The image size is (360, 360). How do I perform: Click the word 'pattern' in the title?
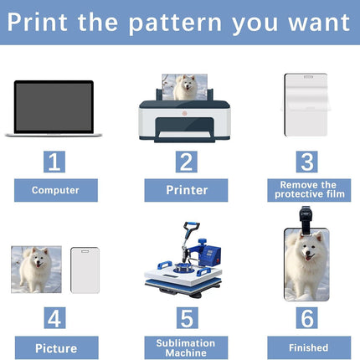coord(175,23)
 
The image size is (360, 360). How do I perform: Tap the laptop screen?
coord(54,106)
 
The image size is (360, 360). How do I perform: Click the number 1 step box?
coord(54,162)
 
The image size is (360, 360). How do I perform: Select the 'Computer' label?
coord(56,190)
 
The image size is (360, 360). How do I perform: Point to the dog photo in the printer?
coord(185,87)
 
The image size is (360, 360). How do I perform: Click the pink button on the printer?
coord(184,113)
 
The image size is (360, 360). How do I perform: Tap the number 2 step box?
coord(186,162)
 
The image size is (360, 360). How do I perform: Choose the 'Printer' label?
coord(186,190)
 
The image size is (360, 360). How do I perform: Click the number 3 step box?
coord(306,162)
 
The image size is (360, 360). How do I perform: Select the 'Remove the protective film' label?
coord(309,190)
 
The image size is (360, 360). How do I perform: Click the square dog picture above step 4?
coord(36,270)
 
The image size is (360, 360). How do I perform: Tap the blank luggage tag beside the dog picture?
coord(85,270)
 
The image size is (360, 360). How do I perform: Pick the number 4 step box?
coord(54,318)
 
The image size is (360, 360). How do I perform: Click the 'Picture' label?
coord(56,348)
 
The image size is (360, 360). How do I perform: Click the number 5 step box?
coord(188,318)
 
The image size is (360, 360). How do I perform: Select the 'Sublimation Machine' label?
coord(186,348)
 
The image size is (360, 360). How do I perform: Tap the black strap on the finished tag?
coord(306,220)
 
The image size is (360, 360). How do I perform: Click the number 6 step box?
coord(306,318)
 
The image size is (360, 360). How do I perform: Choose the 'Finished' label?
coord(309,348)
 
